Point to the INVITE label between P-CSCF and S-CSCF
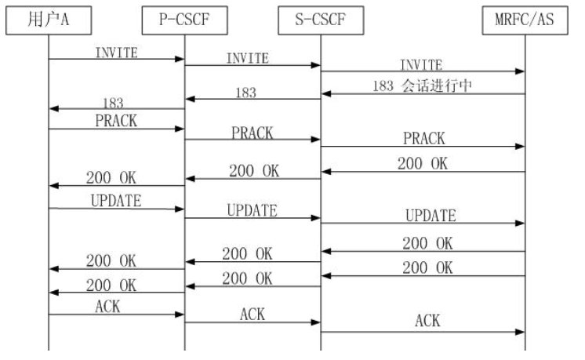point(247,58)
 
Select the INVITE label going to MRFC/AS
point(420,64)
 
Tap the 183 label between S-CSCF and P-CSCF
point(245,93)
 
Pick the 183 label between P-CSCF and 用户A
point(115,103)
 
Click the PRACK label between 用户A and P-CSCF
point(116,122)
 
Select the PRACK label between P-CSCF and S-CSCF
point(252,133)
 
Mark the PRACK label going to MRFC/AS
point(423,139)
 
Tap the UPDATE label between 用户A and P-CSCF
point(116,201)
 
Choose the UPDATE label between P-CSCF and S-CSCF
point(252,210)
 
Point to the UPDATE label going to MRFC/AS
point(431,216)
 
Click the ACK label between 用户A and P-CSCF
point(107,307)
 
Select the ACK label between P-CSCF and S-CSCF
point(252,314)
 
